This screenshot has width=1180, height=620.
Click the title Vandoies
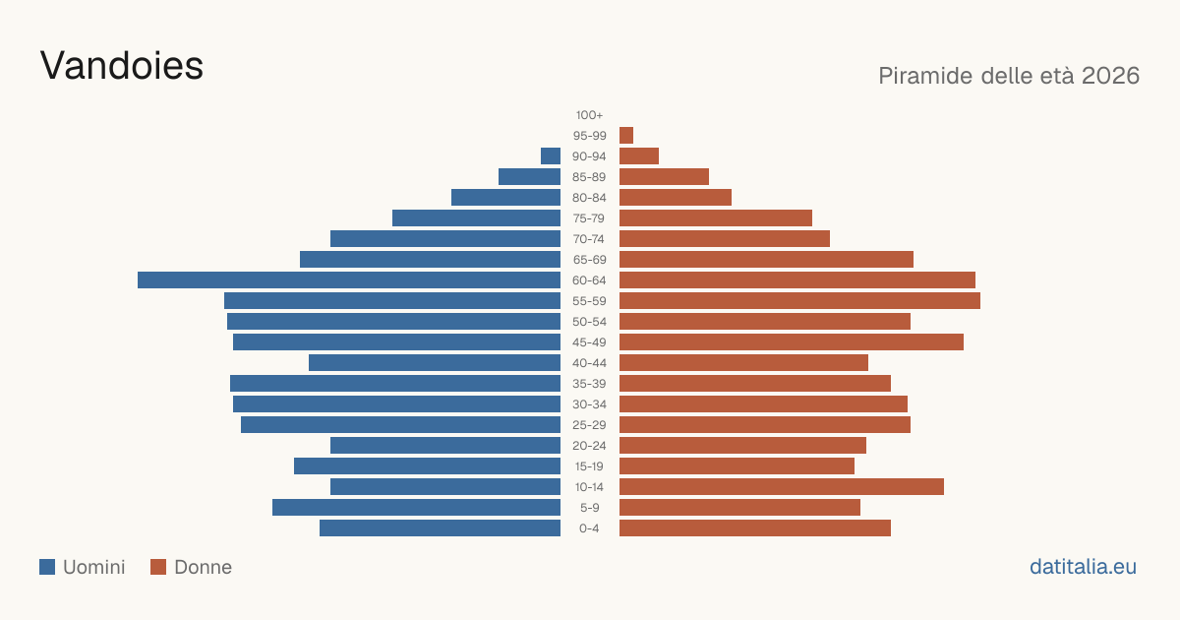click(122, 66)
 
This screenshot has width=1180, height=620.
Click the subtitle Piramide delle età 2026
click(1009, 76)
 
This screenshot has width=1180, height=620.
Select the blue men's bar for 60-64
click(349, 279)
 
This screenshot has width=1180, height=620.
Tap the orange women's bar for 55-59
click(799, 300)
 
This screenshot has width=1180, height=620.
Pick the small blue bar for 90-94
click(551, 156)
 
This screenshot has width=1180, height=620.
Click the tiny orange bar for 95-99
click(626, 136)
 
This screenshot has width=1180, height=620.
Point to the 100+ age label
click(589, 115)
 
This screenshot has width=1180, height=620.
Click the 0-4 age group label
click(589, 528)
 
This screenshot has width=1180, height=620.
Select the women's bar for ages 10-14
click(782, 486)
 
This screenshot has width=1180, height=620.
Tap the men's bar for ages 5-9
click(416, 507)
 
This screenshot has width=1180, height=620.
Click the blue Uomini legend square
click(47, 567)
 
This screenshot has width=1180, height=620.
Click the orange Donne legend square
click(158, 567)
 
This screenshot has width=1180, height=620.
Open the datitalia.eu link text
click(1083, 567)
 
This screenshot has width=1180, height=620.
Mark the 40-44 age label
click(589, 363)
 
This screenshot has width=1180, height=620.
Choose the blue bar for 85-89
click(529, 176)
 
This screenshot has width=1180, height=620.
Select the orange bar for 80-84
click(676, 197)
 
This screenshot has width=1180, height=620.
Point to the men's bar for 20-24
click(445, 446)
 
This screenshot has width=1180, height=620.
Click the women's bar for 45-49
click(792, 342)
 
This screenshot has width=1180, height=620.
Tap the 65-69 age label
click(589, 260)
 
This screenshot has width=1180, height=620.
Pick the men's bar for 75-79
click(476, 217)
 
